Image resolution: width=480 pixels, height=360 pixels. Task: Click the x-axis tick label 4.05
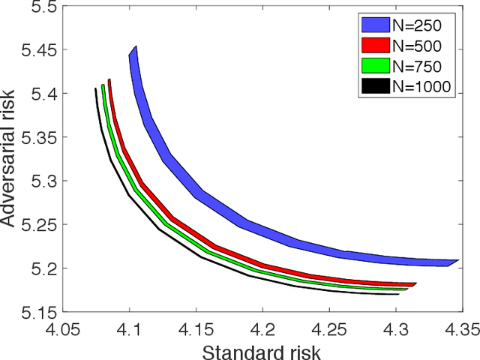(x=63, y=328)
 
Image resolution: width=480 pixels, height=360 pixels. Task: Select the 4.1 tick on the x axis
(x=129, y=328)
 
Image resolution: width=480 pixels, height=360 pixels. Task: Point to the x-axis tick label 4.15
(x=196, y=328)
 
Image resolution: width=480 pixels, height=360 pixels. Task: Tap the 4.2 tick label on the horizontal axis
(x=262, y=328)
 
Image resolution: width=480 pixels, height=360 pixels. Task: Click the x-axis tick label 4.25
(x=329, y=328)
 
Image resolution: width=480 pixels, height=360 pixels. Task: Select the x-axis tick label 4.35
(x=460, y=328)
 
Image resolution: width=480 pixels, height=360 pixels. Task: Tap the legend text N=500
(x=425, y=43)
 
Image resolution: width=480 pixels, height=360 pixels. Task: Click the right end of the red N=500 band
(x=415, y=284)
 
